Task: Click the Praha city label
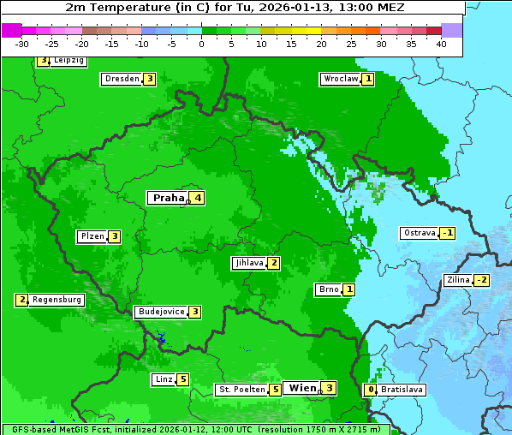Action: point(168,198)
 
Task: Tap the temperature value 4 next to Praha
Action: point(198,198)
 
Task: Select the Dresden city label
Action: point(122,79)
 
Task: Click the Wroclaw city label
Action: point(340,79)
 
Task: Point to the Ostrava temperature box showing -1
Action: point(448,233)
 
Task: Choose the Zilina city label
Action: point(458,280)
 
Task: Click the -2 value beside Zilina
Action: point(482,280)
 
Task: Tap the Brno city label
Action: point(328,289)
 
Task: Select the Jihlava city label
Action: point(248,263)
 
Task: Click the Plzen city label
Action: point(91,236)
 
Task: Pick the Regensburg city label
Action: point(57,300)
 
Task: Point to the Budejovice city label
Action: point(161,312)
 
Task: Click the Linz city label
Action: point(164,379)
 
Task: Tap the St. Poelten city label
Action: point(241,390)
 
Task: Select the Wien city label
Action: point(302,388)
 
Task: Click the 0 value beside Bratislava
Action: point(370,390)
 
